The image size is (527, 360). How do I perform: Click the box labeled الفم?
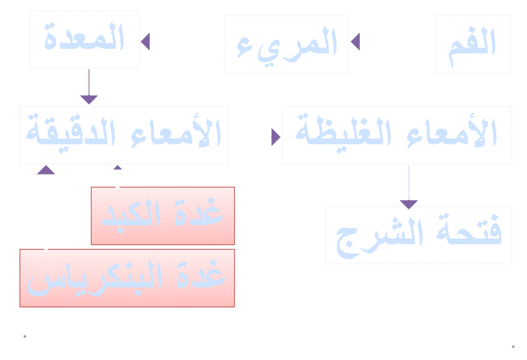472,44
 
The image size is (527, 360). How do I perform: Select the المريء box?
286,44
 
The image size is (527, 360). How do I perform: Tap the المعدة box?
84,39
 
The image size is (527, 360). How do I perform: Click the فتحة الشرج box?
418,235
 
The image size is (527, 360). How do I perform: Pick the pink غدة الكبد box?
163,215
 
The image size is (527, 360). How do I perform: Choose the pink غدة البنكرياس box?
127,278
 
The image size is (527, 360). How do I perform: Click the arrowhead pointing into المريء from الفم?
355,42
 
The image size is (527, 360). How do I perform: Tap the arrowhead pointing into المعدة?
146,42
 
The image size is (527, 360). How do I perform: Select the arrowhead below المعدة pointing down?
89,99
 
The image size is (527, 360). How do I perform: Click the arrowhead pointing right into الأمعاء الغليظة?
276,137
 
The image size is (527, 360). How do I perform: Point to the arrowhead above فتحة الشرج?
409,204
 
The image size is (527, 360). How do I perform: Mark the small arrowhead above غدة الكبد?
117,167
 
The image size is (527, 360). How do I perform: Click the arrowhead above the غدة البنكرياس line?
46,170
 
